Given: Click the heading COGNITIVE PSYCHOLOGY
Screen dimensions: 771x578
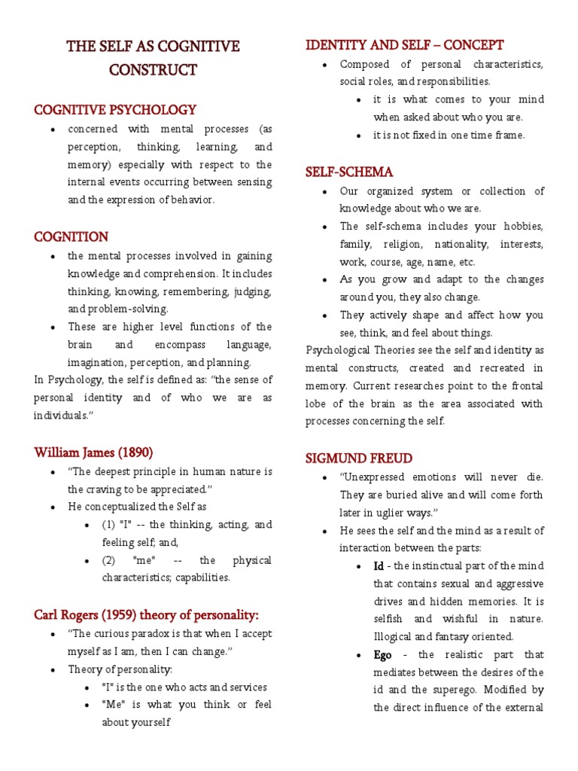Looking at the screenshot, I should [115, 110].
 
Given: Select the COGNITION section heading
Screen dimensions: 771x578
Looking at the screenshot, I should [71, 237].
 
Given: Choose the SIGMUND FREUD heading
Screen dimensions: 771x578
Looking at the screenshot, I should [358, 458].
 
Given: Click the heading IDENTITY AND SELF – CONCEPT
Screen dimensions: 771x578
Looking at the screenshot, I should [404, 45].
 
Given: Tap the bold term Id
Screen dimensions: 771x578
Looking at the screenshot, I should [379, 566].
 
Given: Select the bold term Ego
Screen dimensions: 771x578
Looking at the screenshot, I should [383, 654].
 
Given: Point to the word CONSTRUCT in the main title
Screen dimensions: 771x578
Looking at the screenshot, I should [153, 71].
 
